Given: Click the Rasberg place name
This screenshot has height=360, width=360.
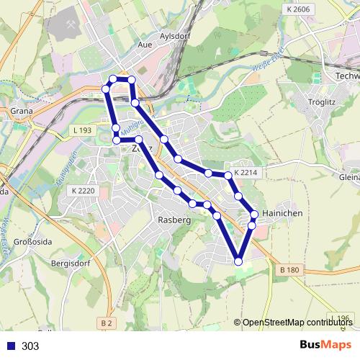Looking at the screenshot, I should click(174, 220).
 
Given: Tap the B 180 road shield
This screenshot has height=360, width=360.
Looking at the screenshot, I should click(287, 269).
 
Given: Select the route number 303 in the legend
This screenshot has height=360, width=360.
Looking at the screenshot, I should click(30, 346).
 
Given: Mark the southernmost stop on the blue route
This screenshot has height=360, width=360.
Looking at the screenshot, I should click(239, 261).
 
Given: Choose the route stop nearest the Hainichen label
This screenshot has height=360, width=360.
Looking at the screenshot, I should click(254, 214).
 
